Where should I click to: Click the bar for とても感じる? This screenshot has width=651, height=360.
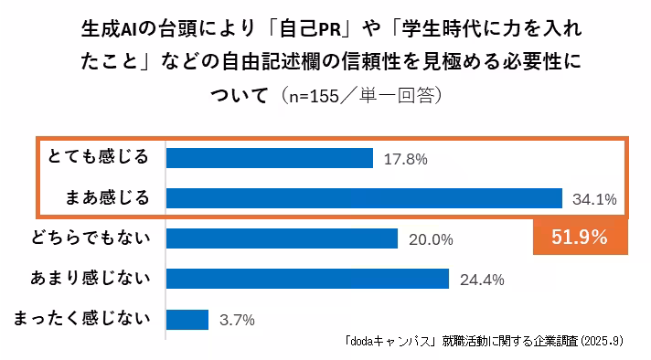point(270,158)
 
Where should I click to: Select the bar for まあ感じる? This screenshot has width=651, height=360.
point(364,198)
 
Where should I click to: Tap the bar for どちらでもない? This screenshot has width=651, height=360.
point(282,238)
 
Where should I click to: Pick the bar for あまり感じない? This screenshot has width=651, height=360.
point(307,279)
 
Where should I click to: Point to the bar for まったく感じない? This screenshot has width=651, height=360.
point(187,319)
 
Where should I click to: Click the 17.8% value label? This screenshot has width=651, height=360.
point(406,159)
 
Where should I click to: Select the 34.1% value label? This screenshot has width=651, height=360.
point(594,199)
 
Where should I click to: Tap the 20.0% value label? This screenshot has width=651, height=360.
point(431,239)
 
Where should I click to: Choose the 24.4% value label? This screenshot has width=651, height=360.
point(482,280)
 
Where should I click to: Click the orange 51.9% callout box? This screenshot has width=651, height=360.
point(580,238)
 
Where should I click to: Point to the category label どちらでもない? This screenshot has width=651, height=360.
point(91,238)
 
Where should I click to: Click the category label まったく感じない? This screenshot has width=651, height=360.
point(82,318)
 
